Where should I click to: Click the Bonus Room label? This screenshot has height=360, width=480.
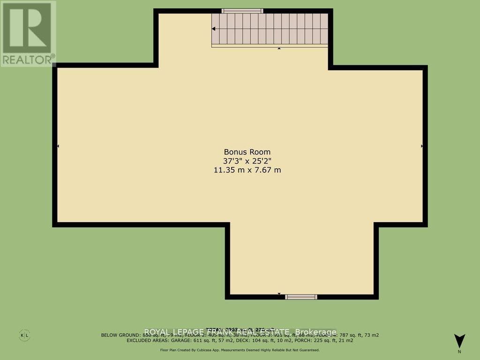(247, 152)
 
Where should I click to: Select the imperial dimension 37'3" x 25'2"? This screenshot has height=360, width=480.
(247, 161)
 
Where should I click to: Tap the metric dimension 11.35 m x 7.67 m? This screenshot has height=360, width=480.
(247, 170)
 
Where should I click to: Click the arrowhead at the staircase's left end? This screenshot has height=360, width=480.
(213, 29)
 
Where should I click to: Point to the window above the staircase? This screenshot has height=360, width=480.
(242, 11)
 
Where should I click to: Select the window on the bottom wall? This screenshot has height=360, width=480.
(301, 297)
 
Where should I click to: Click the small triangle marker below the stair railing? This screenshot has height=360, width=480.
(279, 48)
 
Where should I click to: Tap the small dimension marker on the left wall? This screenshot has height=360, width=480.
(58, 146)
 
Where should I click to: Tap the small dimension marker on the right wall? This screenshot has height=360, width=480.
(422, 146)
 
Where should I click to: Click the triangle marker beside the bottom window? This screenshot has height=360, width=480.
(279, 294)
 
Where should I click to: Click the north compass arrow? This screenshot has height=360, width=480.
(459, 340)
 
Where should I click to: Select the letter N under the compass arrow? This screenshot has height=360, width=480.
(459, 351)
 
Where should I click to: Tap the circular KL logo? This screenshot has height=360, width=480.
(24, 336)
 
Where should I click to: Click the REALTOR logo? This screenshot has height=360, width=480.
(28, 33)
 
